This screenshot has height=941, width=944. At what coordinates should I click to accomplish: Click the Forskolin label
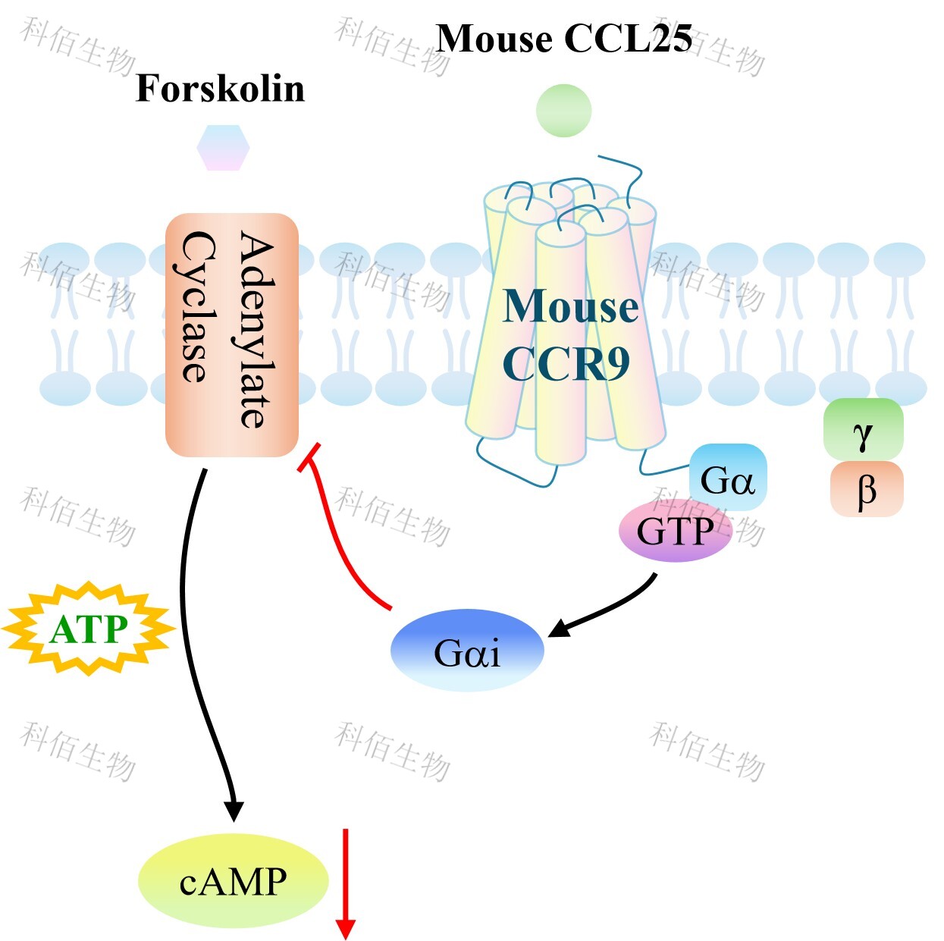[x=220, y=89]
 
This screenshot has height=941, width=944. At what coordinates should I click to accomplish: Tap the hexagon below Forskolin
[x=223, y=148]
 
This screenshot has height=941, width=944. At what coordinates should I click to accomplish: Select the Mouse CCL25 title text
[x=564, y=39]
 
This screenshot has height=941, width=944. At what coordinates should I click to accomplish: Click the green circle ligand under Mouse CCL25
[x=563, y=111]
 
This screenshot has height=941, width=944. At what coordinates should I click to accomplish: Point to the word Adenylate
[x=256, y=331]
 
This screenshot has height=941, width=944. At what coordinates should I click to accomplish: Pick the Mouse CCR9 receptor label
[x=569, y=334]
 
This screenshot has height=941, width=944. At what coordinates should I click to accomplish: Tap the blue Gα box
[x=728, y=478]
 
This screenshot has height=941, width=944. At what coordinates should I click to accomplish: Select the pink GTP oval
[x=675, y=532]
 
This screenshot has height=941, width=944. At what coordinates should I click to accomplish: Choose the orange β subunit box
[x=866, y=490]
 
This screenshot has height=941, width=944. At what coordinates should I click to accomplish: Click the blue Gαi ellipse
[x=467, y=651]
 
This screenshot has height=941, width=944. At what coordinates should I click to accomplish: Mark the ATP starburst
[x=89, y=629]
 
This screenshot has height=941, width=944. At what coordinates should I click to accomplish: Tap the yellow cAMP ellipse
[x=233, y=881]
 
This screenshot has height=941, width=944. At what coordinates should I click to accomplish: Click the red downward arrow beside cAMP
[x=346, y=883]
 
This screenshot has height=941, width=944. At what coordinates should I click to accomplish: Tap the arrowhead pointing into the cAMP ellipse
[x=234, y=810]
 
